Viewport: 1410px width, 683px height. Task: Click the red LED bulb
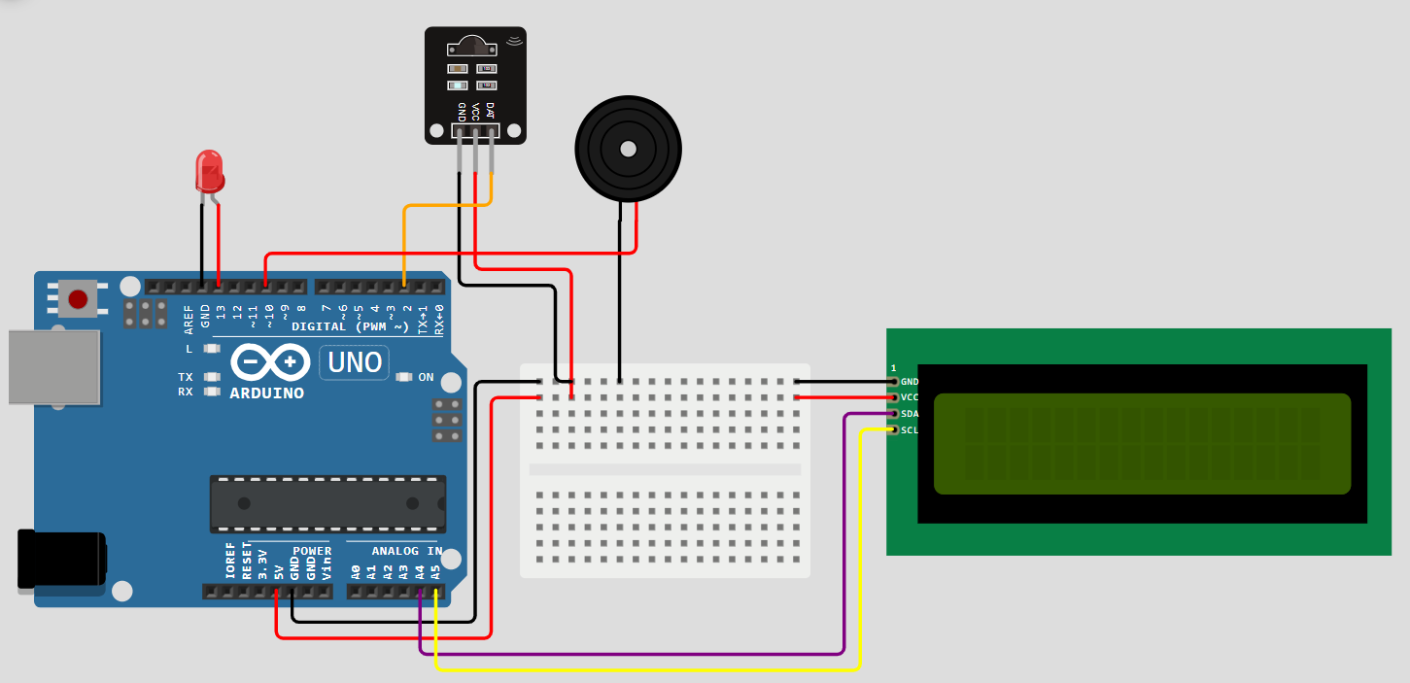coord(209,171)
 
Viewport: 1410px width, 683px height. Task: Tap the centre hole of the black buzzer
coord(628,149)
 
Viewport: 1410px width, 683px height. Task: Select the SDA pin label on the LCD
coord(910,414)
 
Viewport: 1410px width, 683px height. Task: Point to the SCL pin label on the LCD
coord(910,429)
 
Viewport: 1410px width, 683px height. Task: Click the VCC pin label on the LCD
coord(910,397)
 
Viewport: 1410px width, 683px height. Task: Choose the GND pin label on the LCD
coord(910,382)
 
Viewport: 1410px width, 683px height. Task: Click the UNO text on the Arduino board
coord(355,362)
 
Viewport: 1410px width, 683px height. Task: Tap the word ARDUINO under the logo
coord(266,393)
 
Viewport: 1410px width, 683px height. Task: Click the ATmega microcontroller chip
coord(327,503)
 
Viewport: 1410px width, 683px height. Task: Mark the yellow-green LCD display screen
coord(1142,444)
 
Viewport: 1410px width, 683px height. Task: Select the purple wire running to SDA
coord(632,653)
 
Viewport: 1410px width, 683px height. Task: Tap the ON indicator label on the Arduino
coord(426,377)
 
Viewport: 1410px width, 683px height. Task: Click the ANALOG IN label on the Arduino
coord(406,551)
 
